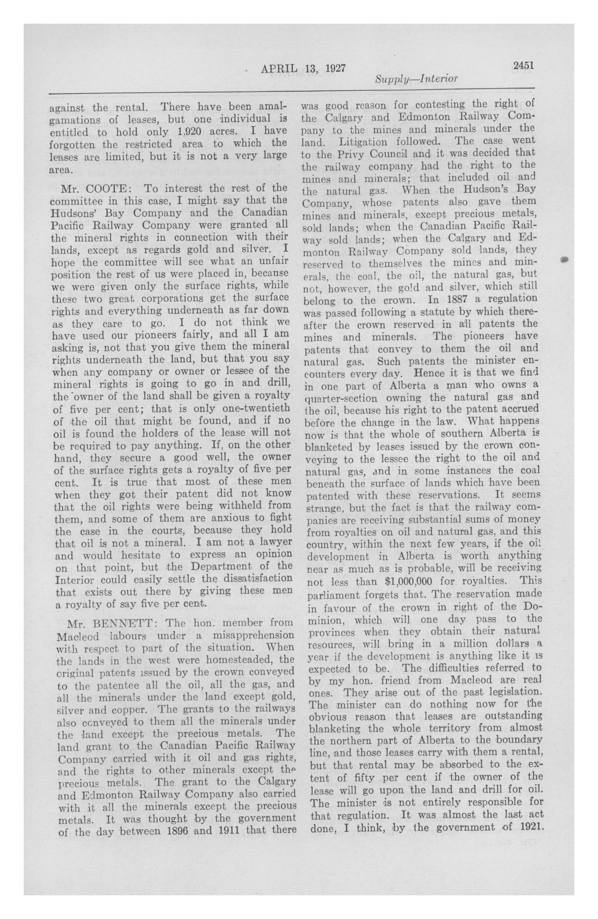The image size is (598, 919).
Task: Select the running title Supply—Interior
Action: coord(416,79)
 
